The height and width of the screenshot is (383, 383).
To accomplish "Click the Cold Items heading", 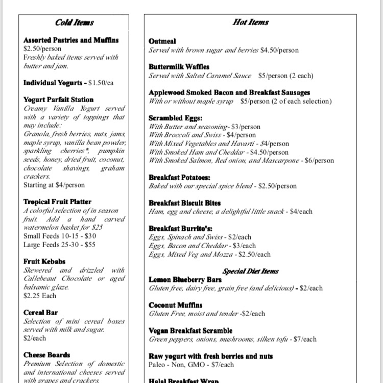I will click(75, 22).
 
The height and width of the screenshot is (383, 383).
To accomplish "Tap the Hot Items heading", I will click(250, 22).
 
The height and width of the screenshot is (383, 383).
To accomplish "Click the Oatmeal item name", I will click(162, 41).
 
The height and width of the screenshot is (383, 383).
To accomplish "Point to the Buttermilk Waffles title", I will click(179, 67).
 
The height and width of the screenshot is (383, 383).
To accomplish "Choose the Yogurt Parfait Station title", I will click(58, 100).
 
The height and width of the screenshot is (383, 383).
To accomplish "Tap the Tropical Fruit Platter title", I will click(57, 202).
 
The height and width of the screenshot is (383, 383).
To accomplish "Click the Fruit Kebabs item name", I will click(44, 261).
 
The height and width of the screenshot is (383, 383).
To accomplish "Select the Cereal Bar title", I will click(40, 313).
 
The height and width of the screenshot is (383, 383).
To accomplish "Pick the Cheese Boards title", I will click(46, 355).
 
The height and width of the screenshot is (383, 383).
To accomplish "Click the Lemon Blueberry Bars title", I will click(185, 280).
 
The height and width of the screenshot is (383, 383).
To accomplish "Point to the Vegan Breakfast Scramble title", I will click(190, 331).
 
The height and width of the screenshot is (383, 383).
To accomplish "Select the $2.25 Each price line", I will click(40, 296).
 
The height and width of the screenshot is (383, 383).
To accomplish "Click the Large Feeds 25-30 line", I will click(59, 245).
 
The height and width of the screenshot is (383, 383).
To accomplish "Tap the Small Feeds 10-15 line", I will click(59, 236).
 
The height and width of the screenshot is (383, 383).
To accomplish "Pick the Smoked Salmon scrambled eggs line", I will click(241, 161).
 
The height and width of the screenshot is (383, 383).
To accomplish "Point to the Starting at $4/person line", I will click(54, 185).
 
